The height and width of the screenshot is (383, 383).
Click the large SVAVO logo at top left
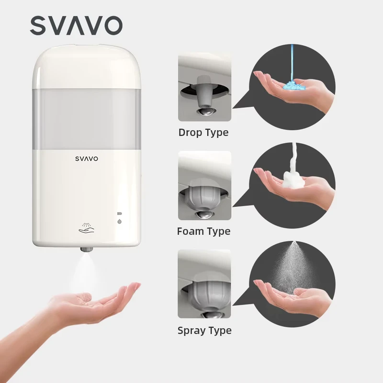pos(76,26)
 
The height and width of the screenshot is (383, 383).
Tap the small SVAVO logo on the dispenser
pos(87,159)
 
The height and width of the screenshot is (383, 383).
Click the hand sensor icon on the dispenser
pos(86,228)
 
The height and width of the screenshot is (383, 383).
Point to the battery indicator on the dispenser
pos(119,214)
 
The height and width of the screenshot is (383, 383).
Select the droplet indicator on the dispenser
pos(119,221)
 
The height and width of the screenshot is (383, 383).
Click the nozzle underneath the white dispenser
pos(87,249)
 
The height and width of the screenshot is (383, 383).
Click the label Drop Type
pos(203,133)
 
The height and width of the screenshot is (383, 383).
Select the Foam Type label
pos(204,231)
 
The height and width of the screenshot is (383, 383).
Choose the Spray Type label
pos(204,330)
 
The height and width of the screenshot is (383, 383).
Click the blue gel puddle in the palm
pos(293,86)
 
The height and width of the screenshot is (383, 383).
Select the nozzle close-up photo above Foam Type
pos(205,185)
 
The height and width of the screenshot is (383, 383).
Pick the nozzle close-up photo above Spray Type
pos(204,284)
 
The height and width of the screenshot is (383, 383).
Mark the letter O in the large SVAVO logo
pos(113,26)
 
